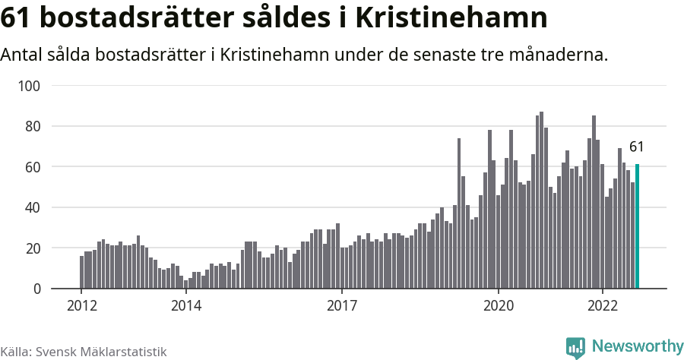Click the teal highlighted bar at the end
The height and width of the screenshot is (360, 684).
pos(637,226)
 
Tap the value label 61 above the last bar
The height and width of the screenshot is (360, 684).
pos(637,147)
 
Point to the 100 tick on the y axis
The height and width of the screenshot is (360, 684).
pos(29,86)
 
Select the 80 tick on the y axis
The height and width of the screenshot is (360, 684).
pos(32,126)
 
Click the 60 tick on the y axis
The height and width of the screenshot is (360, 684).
pos(32,167)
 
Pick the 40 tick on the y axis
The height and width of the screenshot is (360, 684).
pos(32,207)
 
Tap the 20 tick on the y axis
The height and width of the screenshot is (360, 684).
pos(32,248)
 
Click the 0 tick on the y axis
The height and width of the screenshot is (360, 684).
pos(35,289)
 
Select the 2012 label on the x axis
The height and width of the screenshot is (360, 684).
pos(81,305)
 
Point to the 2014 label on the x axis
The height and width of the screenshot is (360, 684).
pos(185,305)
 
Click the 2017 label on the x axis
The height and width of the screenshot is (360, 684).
pos(342,305)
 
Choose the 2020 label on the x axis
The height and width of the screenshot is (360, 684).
pos(499,305)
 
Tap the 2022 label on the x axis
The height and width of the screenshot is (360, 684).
pos(603,305)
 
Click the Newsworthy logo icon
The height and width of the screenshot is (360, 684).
pos(575,348)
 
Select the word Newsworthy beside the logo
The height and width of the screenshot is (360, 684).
pos(637,347)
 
